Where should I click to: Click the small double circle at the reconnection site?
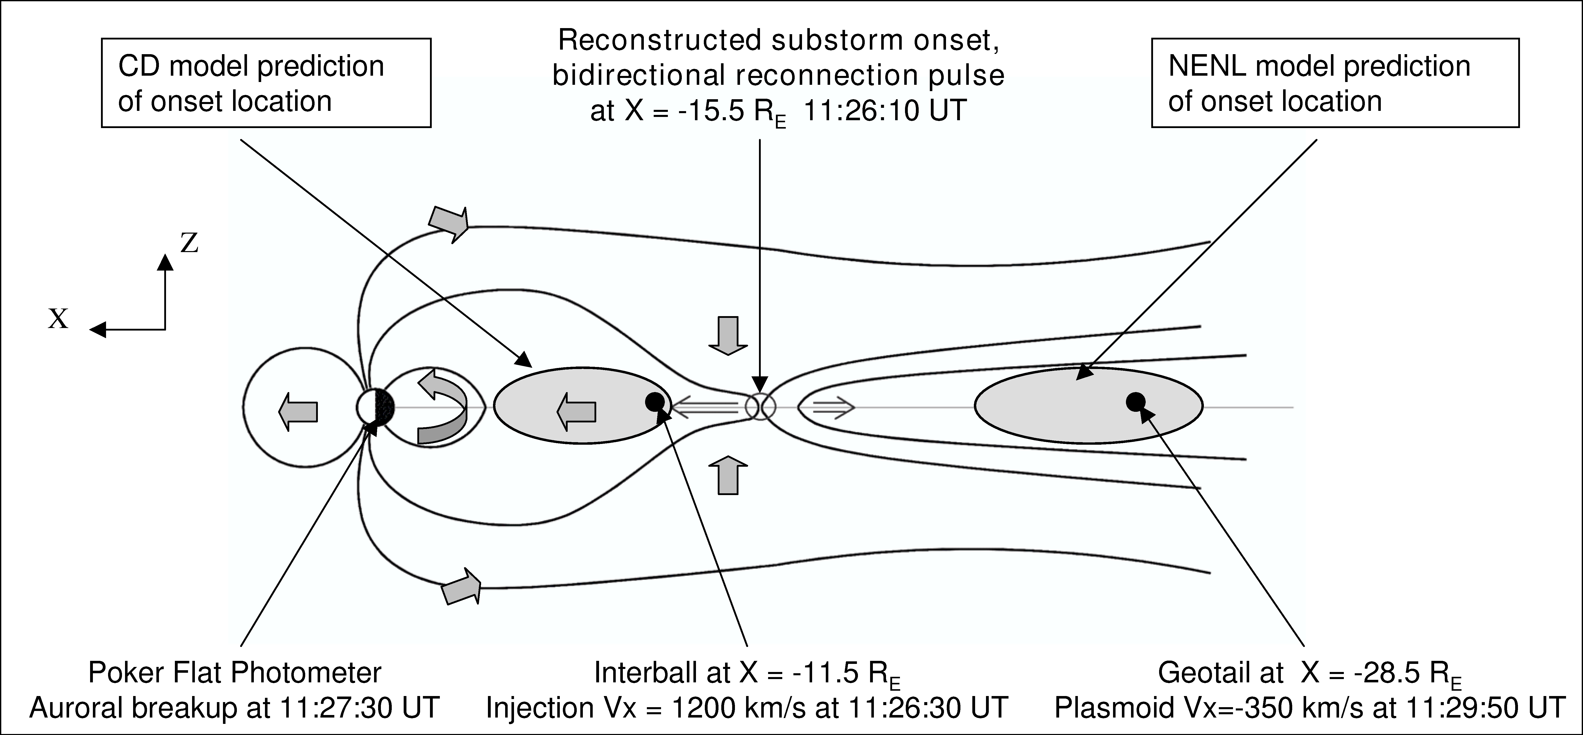[x=761, y=407]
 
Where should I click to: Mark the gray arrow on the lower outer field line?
[x=462, y=586]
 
